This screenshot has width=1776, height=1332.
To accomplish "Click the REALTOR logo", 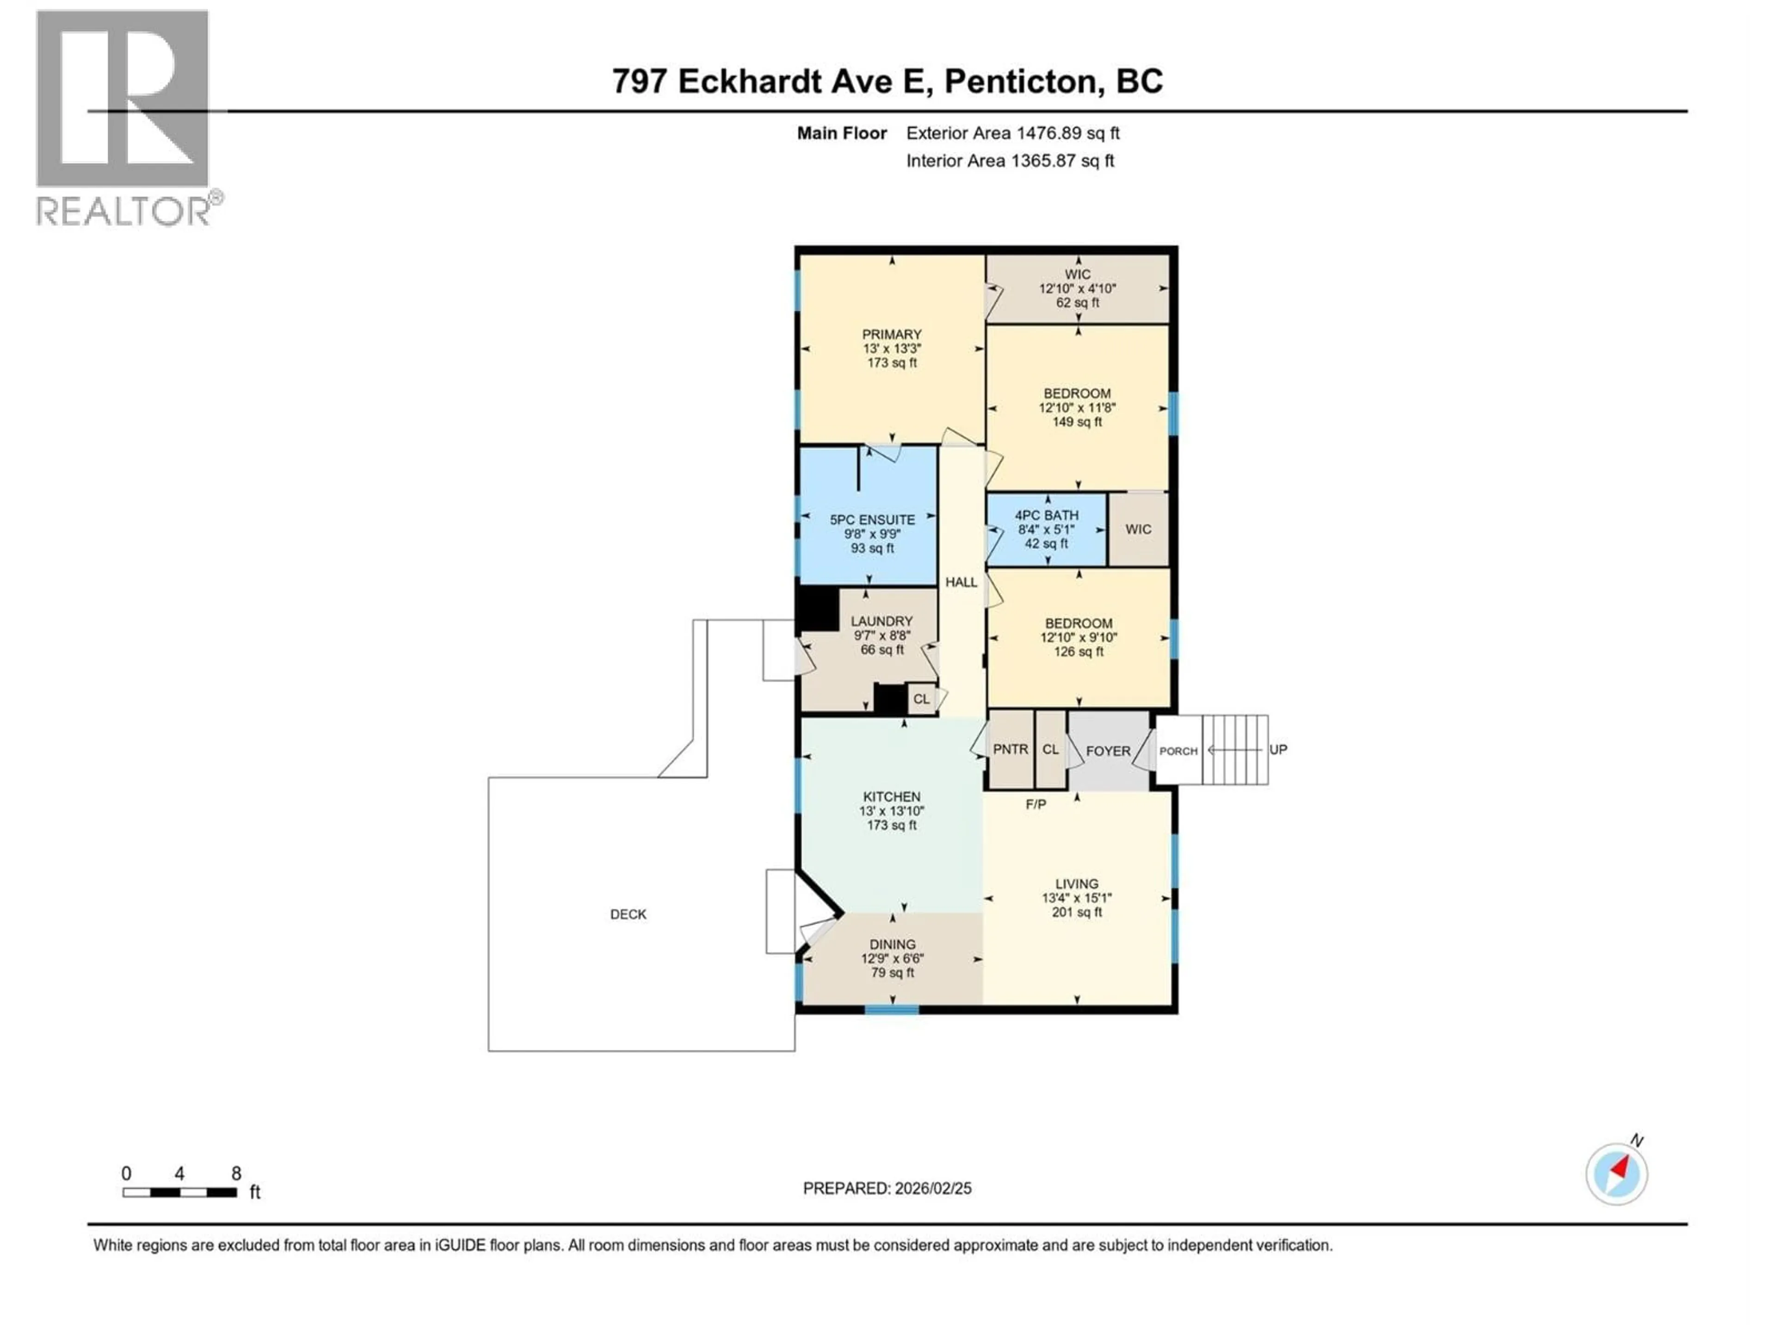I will click(x=124, y=117).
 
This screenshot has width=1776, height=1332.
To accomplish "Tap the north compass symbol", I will click(x=1616, y=1173).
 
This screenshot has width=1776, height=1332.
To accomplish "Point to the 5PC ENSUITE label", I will click(x=872, y=519).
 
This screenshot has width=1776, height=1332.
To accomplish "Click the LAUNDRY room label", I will click(x=882, y=621).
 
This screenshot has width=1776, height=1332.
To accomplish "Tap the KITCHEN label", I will click(x=891, y=796).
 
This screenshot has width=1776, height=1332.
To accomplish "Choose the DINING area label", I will click(x=892, y=944).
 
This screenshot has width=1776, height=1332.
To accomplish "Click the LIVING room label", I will click(x=1077, y=883).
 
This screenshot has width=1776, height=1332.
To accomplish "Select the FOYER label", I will click(x=1108, y=751).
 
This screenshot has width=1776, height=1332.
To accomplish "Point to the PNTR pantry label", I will click(x=1010, y=749).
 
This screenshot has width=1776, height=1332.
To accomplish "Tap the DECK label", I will click(x=628, y=914).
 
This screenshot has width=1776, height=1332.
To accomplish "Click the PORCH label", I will click(x=1178, y=751).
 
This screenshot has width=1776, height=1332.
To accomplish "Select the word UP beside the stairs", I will click(x=1278, y=749).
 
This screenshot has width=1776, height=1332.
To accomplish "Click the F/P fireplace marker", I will click(x=1036, y=804).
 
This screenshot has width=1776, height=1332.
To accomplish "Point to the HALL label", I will click(x=961, y=582).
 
